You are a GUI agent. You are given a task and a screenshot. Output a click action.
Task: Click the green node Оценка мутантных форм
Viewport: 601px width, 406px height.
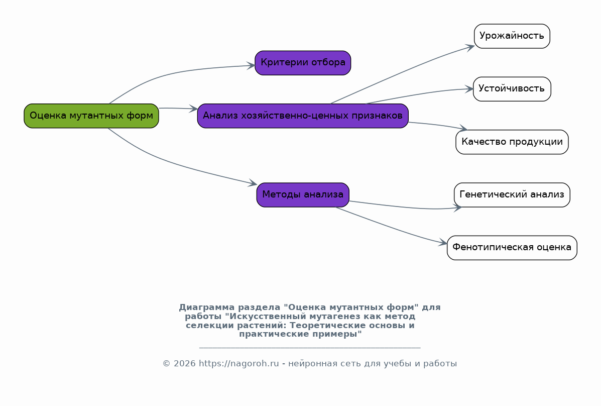91,116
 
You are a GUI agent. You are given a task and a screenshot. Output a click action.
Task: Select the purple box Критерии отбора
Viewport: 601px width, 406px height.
303,63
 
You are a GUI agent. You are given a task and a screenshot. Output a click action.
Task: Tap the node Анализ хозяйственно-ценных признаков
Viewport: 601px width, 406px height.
303,116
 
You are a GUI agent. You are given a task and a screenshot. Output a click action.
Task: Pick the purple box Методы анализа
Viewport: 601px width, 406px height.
303,195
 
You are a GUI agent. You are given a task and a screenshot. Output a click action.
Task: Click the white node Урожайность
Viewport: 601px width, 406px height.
512,36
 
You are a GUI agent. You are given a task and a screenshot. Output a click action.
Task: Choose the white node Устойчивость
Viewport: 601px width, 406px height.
512,89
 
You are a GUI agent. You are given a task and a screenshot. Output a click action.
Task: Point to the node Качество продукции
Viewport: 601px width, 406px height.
512,142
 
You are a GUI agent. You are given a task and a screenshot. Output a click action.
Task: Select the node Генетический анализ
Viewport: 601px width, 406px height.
512,195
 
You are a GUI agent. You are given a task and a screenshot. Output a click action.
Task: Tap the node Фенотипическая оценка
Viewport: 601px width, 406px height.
512,248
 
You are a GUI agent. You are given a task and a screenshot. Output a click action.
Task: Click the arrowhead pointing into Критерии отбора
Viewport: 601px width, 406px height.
251,66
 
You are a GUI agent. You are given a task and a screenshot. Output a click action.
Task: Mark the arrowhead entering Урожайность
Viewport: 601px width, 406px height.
470,47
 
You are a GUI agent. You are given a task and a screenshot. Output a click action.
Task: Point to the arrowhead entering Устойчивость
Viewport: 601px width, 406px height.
469,89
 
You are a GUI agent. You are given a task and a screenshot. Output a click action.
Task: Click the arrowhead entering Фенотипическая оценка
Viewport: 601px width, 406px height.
443,243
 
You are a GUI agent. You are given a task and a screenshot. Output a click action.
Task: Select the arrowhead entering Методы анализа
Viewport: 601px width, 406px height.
253,183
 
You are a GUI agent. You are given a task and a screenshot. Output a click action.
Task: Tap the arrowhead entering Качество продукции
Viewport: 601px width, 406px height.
463,128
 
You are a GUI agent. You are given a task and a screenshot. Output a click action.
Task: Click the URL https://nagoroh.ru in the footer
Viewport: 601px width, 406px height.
239,364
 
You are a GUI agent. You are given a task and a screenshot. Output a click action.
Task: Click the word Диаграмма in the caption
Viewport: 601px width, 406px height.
207,308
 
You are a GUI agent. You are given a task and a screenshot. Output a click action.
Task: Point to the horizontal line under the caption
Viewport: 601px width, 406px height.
310,348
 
